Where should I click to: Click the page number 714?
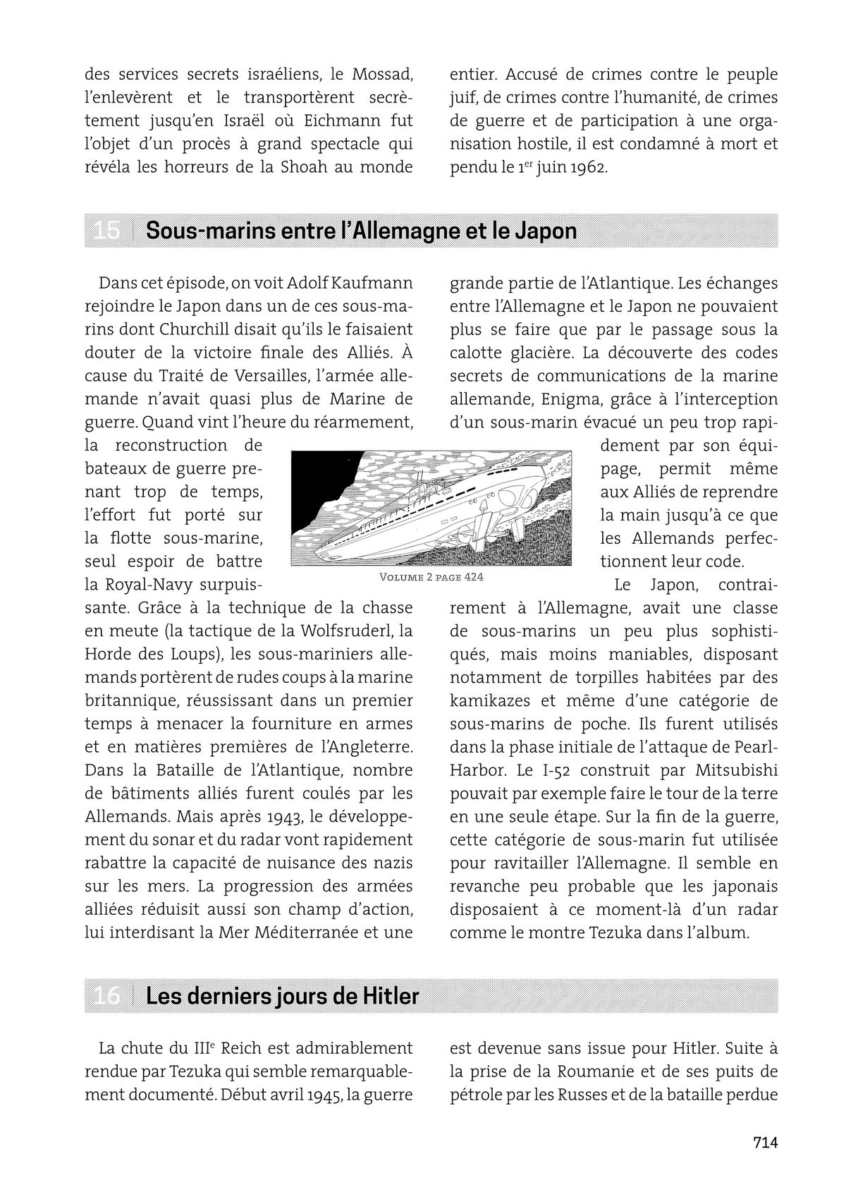[x=764, y=1142]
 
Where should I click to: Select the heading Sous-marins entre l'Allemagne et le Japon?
[x=360, y=231]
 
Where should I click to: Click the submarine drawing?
[x=431, y=509]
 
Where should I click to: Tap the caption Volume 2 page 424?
[x=431, y=577]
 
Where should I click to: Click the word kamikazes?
[x=487, y=700]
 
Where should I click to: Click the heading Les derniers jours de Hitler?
[x=282, y=996]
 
